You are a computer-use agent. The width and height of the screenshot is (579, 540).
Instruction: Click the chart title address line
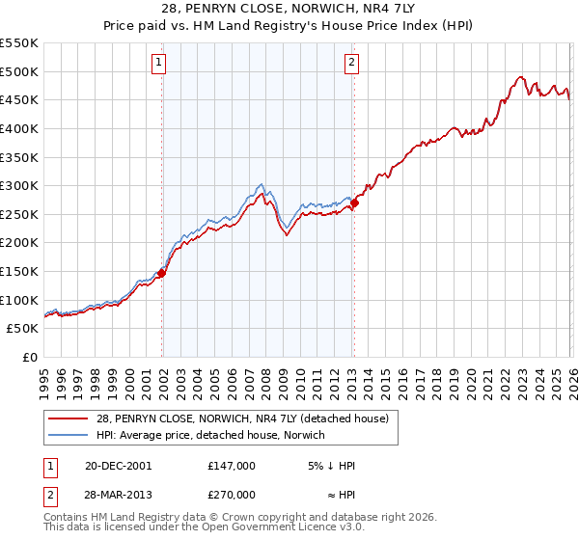click(x=289, y=9)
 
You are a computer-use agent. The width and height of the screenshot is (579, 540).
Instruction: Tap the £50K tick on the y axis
click(x=23, y=329)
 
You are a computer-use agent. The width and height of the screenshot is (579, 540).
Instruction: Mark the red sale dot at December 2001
click(x=162, y=273)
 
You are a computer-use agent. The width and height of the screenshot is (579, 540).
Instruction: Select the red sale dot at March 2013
click(x=354, y=202)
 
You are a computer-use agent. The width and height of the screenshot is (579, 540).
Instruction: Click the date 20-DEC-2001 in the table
click(x=118, y=465)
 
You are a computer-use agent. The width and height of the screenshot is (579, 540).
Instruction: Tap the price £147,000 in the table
click(x=232, y=465)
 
